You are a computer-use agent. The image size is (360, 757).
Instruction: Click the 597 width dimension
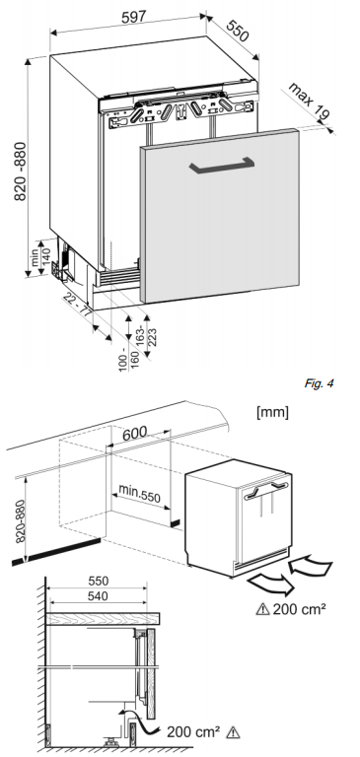[134, 17]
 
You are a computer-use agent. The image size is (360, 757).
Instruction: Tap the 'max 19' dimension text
[310, 101]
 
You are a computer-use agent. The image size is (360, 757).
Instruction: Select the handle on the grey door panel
[221, 166]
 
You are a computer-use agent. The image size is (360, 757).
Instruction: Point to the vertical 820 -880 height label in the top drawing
[21, 172]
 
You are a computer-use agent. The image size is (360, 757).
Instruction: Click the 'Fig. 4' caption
[319, 383]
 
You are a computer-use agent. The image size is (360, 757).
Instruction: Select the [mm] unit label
[273, 412]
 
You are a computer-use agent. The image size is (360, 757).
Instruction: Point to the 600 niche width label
[134, 433]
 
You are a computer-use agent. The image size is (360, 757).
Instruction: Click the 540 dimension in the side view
[98, 596]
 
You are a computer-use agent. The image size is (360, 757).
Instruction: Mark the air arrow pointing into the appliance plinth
[311, 566]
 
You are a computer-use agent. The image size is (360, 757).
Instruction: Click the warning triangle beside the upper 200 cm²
[263, 609]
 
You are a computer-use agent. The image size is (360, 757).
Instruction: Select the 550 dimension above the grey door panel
[238, 31]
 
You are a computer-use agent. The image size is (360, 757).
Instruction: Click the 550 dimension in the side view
[98, 581]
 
